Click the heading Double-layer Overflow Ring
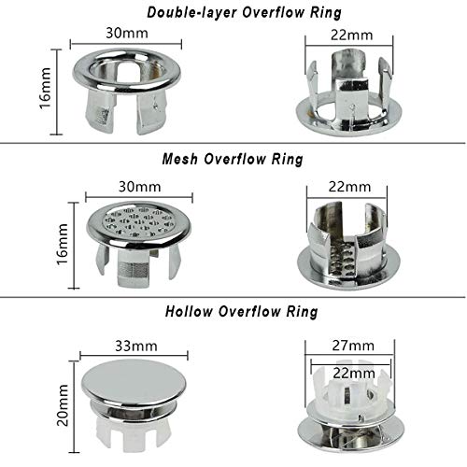coord(244,13)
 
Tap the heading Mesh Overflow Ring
coord(233,159)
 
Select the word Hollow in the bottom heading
coord(189,312)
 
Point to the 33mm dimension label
coord(136,346)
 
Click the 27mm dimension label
coord(353,346)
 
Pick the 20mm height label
coord(63,404)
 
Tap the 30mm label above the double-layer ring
coord(127,33)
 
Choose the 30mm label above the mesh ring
coord(139,187)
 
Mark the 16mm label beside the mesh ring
coord(63,244)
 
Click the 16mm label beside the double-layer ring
coord(46,88)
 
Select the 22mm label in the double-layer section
coord(351,35)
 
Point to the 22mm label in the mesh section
coord(349,187)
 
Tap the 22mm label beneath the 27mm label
coord(354,373)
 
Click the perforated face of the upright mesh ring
coord(138,220)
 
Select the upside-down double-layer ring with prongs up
coord(348,93)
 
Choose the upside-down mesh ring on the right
coord(348,246)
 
